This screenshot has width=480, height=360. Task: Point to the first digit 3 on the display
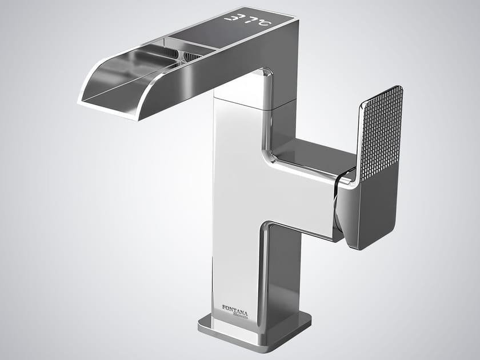230,18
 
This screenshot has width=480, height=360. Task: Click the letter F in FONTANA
223,307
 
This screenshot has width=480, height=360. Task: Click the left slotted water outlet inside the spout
168,53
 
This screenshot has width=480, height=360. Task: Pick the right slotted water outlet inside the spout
191,55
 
